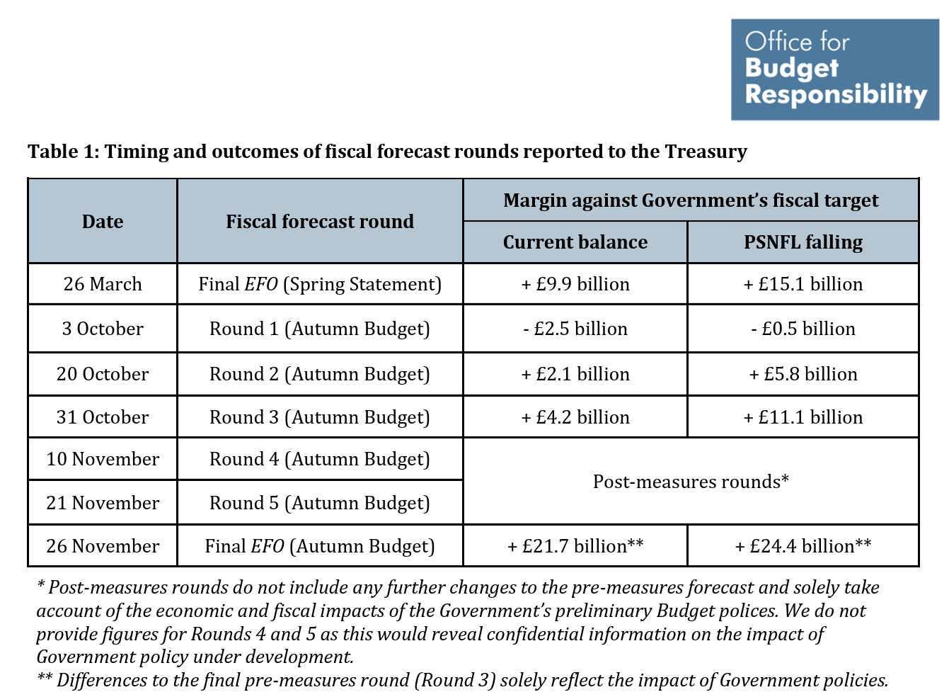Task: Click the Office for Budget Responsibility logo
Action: tap(834, 69)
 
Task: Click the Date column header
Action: tap(103, 222)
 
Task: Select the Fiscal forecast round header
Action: tap(320, 222)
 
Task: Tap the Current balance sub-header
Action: tap(575, 242)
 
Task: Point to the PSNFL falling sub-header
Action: tap(803, 242)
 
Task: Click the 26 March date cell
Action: tap(103, 284)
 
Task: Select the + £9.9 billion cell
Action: tap(575, 284)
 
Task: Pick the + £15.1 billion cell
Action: tap(803, 284)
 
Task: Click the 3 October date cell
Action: tap(103, 329)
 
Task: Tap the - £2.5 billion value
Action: tap(575, 329)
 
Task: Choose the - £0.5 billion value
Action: tap(803, 329)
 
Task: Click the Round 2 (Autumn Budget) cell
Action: tap(320, 374)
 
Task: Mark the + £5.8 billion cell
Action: tap(803, 374)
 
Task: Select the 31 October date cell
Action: tap(103, 417)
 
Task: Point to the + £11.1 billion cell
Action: tap(803, 417)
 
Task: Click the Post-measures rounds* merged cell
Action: tap(691, 482)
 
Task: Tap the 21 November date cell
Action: tap(103, 503)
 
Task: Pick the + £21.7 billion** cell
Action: tap(575, 546)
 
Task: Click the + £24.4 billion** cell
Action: tap(803, 546)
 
